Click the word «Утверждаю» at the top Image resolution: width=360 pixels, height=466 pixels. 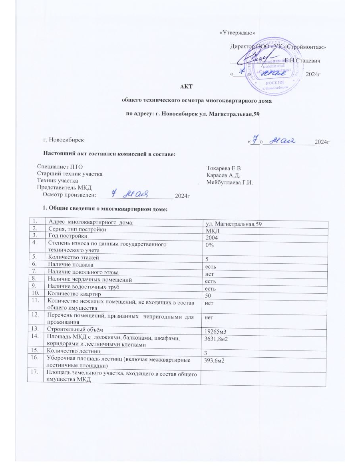[x=238, y=32]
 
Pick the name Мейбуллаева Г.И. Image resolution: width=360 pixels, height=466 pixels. [x=230, y=182]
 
